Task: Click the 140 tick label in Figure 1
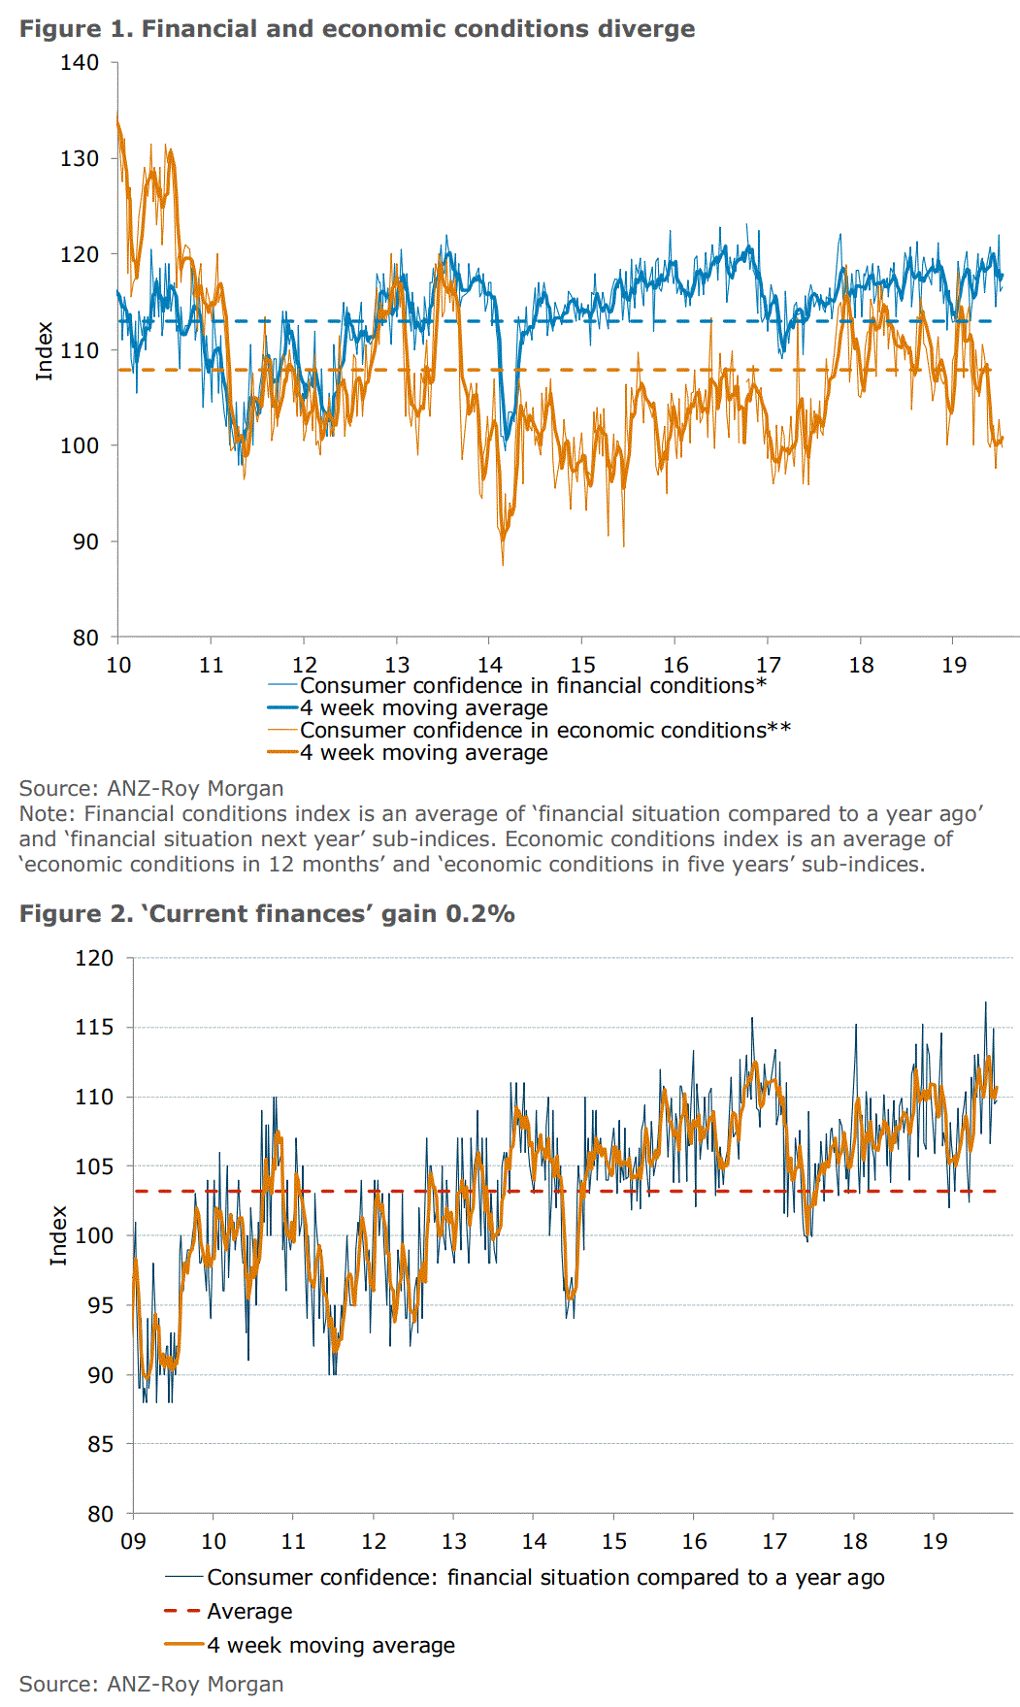pos(80,63)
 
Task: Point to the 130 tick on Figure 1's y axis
pos(80,158)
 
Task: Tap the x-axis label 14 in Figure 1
pos(490,665)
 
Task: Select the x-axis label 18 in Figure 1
pos(861,665)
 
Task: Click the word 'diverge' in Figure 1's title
pos(646,29)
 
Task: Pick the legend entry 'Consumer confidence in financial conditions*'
pos(533,686)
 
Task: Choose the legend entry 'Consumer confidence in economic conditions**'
pos(544,731)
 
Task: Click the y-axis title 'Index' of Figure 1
pos(44,351)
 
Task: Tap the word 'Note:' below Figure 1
pos(48,814)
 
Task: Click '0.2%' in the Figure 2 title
pos(480,914)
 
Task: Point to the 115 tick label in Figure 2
pos(94,1027)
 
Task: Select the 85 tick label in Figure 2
pos(100,1444)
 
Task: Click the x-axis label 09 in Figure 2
pos(133,1541)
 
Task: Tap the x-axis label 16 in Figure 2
pos(694,1541)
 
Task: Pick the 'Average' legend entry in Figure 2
pos(249,1612)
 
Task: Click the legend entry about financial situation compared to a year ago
pos(545,1578)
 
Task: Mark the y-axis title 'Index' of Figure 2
pos(58,1235)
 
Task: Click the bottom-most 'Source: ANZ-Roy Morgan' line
pos(151,1685)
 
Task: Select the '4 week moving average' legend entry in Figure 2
pos(331,1646)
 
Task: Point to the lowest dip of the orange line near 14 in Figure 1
pos(503,563)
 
